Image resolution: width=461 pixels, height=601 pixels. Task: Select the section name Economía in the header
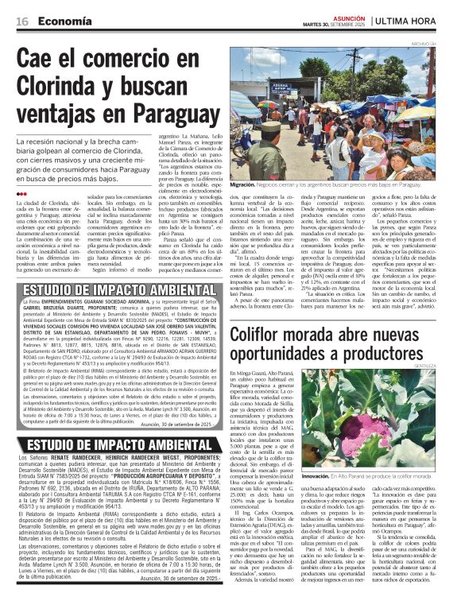coord(64,21)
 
